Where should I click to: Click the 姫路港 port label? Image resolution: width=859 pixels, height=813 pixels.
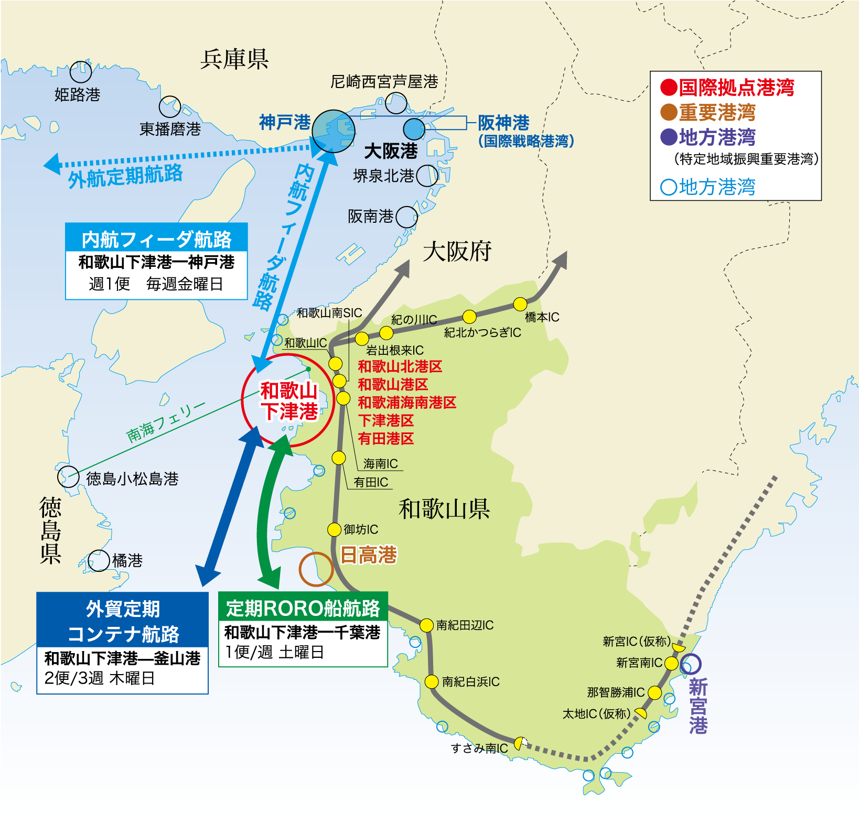tap(77, 95)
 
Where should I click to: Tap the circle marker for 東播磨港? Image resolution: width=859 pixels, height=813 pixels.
tap(170, 107)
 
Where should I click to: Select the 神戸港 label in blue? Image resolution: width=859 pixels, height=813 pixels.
tap(285, 122)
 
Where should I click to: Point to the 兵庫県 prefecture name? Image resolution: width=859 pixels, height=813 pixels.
tap(234, 59)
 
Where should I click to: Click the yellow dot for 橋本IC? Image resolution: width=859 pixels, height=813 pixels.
tap(520, 304)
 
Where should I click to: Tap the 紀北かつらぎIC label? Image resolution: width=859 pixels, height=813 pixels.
tap(482, 332)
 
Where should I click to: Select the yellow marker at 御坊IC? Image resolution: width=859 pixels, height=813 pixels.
tap(335, 529)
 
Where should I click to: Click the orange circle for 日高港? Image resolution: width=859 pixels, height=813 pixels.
tap(316, 569)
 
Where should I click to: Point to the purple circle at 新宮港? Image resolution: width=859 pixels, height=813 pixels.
tap(691, 664)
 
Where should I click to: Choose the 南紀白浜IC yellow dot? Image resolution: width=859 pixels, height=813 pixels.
tap(432, 681)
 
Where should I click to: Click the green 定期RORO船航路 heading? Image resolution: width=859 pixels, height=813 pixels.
tap(303, 608)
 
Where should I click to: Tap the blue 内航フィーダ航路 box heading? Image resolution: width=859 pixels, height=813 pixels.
tap(156, 240)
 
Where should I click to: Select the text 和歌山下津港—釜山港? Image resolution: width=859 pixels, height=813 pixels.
tap(122, 658)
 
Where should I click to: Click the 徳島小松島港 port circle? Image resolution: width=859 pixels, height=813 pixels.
tap(68, 477)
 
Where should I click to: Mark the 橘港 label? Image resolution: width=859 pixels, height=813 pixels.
tap(127, 560)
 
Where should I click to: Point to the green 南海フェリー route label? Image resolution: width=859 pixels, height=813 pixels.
tap(165, 422)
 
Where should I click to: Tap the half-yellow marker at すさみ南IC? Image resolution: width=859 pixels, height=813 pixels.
tap(520, 743)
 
